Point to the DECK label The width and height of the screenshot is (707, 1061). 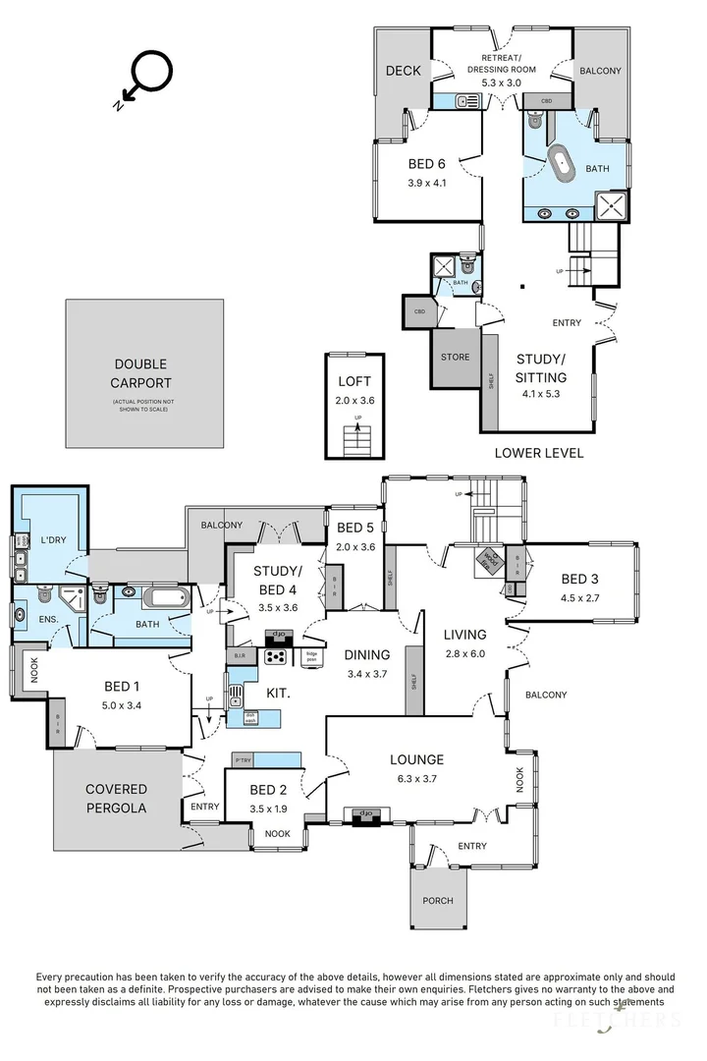(x=403, y=71)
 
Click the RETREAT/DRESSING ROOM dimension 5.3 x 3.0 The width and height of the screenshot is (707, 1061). (x=501, y=83)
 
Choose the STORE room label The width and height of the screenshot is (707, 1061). (x=455, y=357)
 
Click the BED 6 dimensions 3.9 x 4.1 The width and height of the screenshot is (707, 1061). (x=427, y=182)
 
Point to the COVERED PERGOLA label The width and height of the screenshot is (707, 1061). (x=116, y=798)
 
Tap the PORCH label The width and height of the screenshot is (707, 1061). (x=438, y=900)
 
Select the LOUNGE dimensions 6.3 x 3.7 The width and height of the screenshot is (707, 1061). (x=416, y=778)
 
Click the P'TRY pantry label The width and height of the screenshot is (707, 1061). (x=244, y=759)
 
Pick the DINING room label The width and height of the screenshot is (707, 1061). (x=366, y=655)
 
